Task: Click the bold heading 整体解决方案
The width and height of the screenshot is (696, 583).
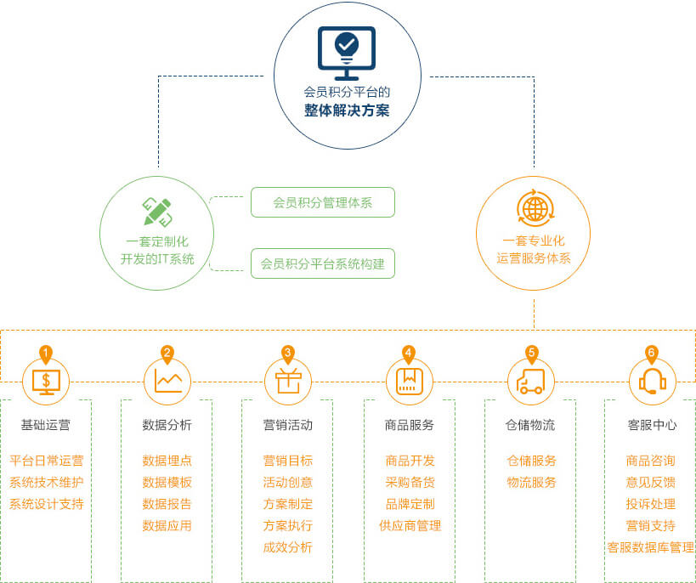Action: [x=347, y=110]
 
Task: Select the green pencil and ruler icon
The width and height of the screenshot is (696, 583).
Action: [x=157, y=212]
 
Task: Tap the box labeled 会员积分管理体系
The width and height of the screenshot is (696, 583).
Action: [x=323, y=202]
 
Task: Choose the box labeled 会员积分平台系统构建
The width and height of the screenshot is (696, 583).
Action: [x=323, y=263]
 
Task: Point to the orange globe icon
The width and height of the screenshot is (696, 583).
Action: [x=535, y=208]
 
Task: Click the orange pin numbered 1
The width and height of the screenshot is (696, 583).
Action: [x=46, y=353]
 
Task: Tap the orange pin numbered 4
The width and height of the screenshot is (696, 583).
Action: [x=409, y=353]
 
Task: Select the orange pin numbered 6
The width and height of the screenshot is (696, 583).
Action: [x=652, y=353]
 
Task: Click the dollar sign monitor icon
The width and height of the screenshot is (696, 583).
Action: [x=46, y=381]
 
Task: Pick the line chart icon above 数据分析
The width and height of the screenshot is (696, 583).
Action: [x=167, y=380]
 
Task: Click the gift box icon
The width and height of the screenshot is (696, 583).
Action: [x=288, y=381]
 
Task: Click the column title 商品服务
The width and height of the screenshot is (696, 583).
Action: [x=409, y=425]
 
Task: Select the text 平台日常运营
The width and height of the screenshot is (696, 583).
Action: [x=47, y=461]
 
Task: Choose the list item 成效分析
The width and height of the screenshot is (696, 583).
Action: [x=288, y=547]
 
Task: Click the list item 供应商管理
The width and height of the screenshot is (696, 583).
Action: [x=410, y=526]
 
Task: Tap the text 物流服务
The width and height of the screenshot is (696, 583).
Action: [x=532, y=483]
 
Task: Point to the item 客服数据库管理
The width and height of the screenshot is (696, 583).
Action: [x=651, y=547]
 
